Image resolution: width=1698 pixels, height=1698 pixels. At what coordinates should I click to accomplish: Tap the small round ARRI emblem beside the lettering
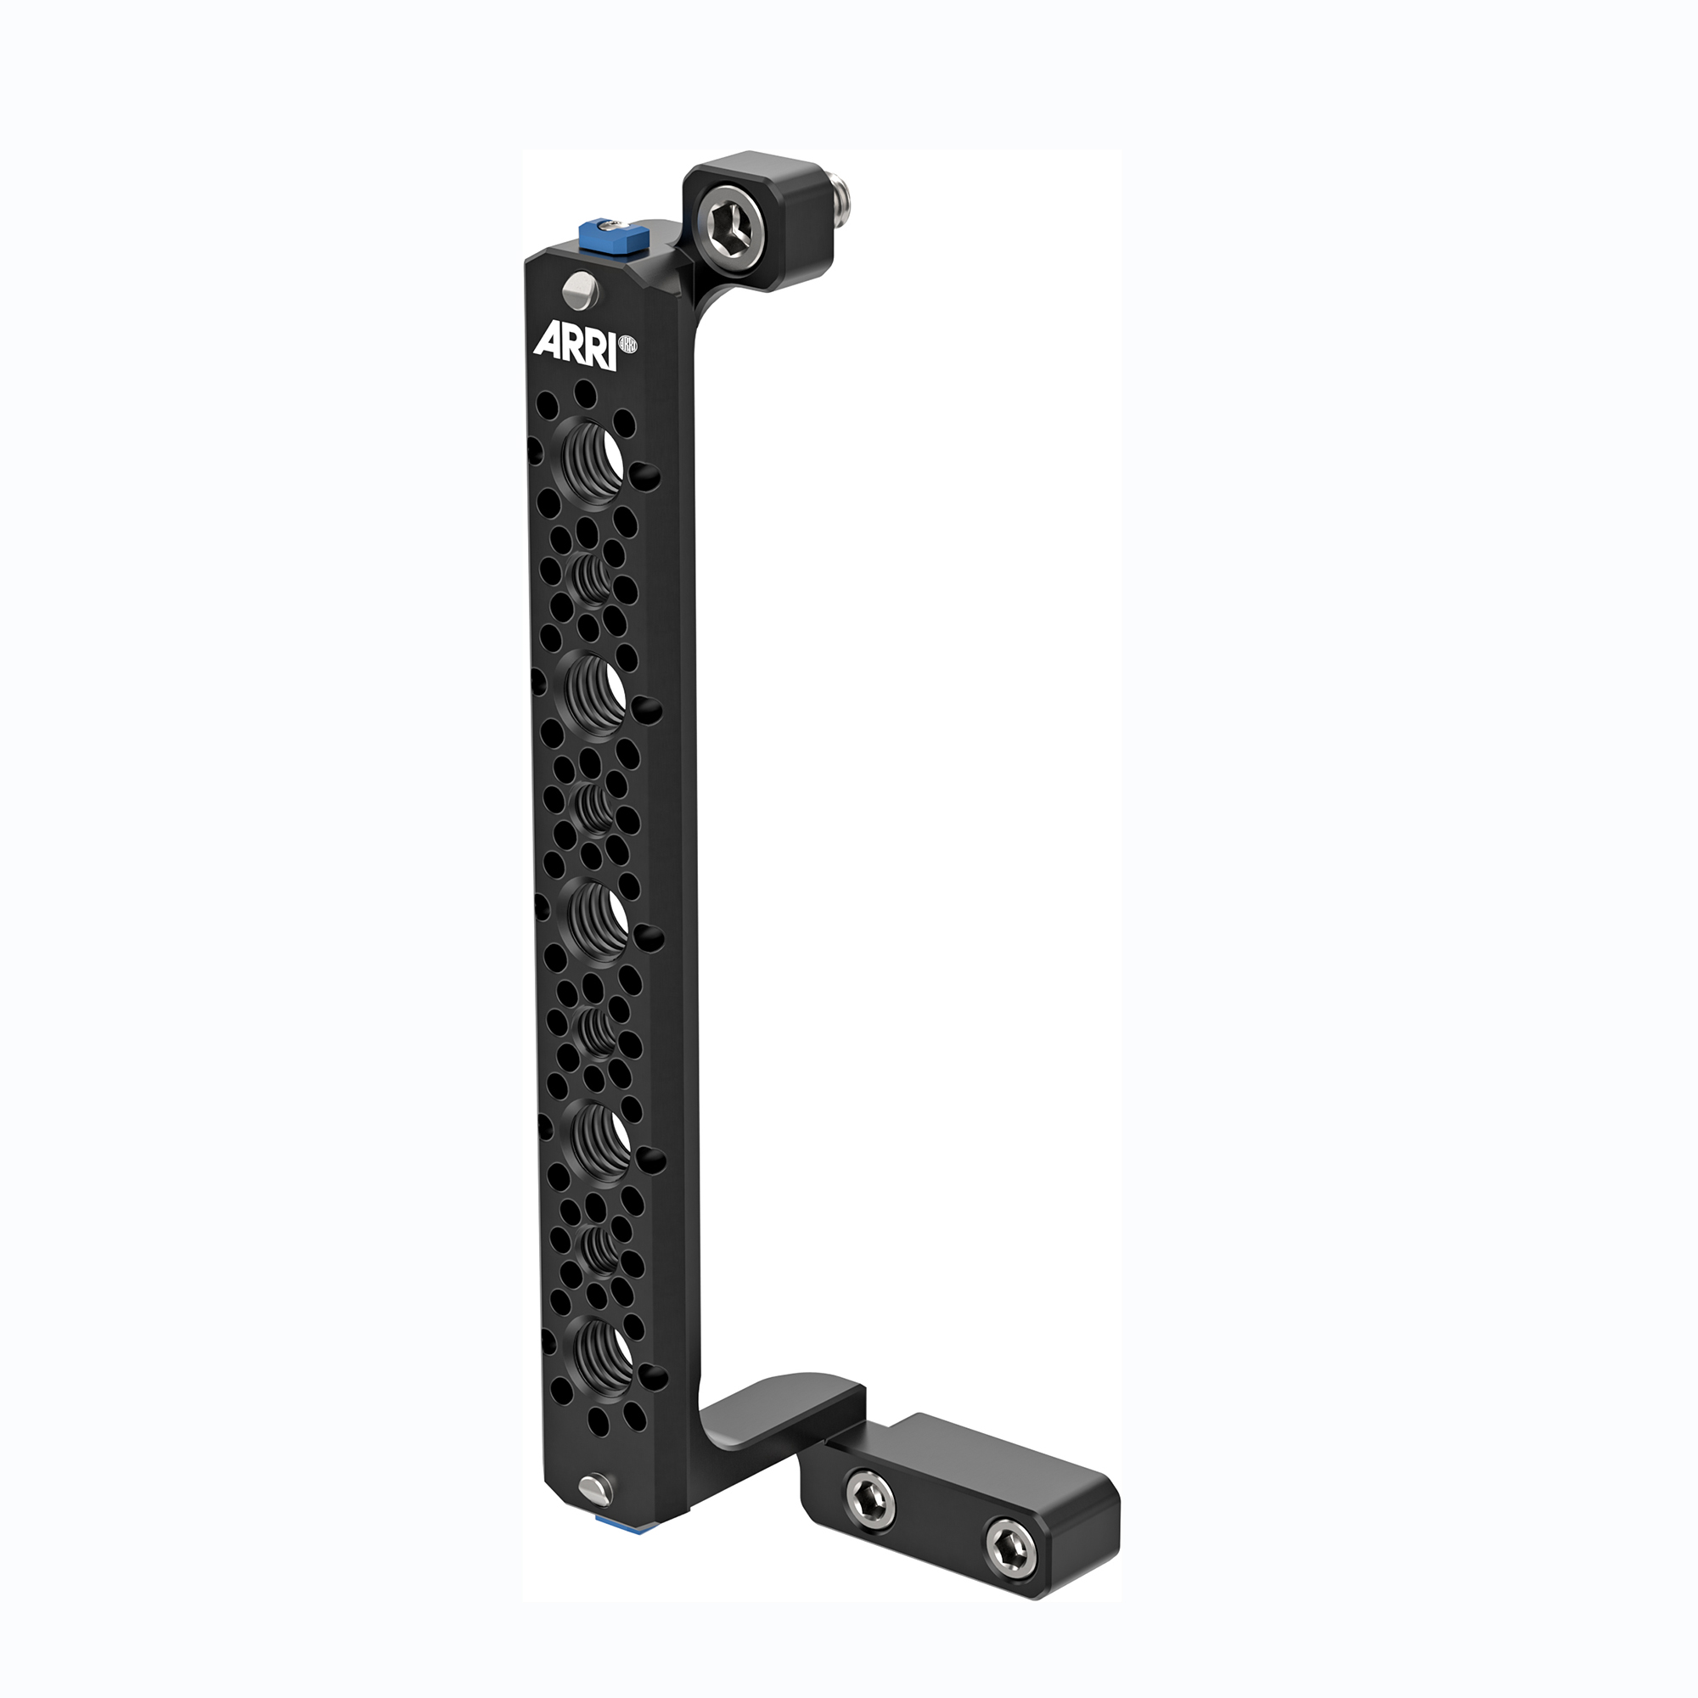tap(628, 345)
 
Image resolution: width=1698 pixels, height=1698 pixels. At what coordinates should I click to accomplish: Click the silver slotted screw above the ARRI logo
tap(580, 290)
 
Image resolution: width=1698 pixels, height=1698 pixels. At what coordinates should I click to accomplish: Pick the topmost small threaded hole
tap(593, 577)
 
